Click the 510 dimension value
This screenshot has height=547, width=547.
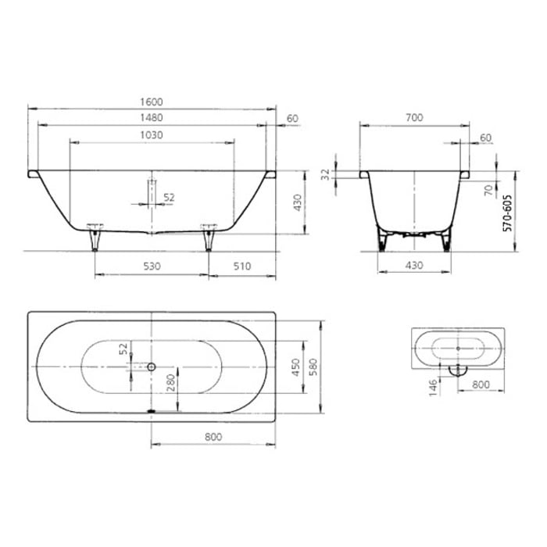click(242, 266)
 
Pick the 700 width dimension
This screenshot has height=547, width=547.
click(414, 117)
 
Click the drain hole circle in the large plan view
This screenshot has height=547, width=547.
click(152, 366)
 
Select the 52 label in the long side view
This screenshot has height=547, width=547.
click(168, 197)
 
